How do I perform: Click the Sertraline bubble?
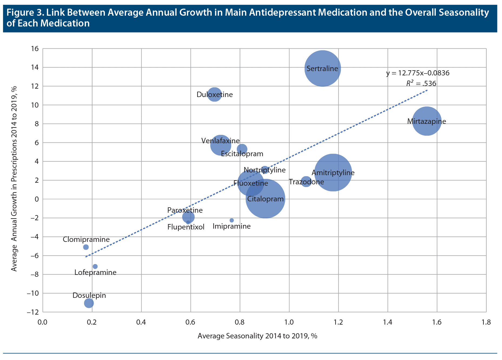click(x=323, y=68)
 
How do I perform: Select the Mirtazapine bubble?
click(x=427, y=121)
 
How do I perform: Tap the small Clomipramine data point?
click(x=86, y=247)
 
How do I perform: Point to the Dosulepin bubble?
click(x=89, y=303)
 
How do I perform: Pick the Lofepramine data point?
click(x=95, y=266)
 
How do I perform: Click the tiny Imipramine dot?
click(x=232, y=220)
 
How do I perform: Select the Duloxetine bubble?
click(x=215, y=94)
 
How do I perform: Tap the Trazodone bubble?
click(x=306, y=181)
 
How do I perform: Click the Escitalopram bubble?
click(x=242, y=149)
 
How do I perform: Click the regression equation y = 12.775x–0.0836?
click(x=418, y=73)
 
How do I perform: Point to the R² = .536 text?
click(x=421, y=83)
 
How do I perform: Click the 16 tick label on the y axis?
click(x=35, y=49)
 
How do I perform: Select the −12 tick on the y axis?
click(x=33, y=312)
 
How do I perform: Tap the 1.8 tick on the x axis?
click(x=486, y=322)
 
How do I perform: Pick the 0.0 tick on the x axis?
click(x=42, y=322)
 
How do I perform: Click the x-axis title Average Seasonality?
click(x=257, y=336)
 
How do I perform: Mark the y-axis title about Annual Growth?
click(x=14, y=179)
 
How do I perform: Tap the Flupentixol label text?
click(x=186, y=227)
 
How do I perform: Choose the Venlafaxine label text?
click(x=220, y=141)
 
